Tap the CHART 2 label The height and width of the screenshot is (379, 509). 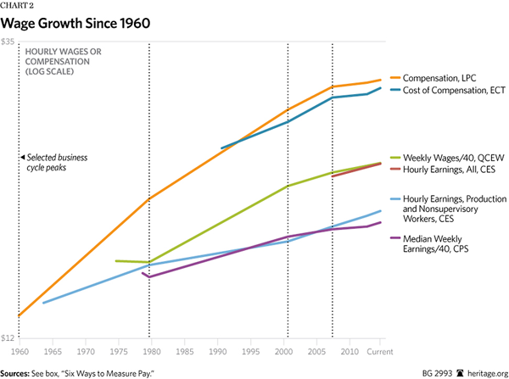click(x=19, y=7)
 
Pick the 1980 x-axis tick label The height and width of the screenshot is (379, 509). click(x=151, y=351)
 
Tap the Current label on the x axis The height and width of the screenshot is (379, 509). click(x=379, y=351)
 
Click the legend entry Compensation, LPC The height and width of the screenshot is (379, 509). click(x=443, y=78)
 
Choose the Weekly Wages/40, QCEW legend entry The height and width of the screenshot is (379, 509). click(x=448, y=158)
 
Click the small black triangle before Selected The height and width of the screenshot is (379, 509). click(x=23, y=158)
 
